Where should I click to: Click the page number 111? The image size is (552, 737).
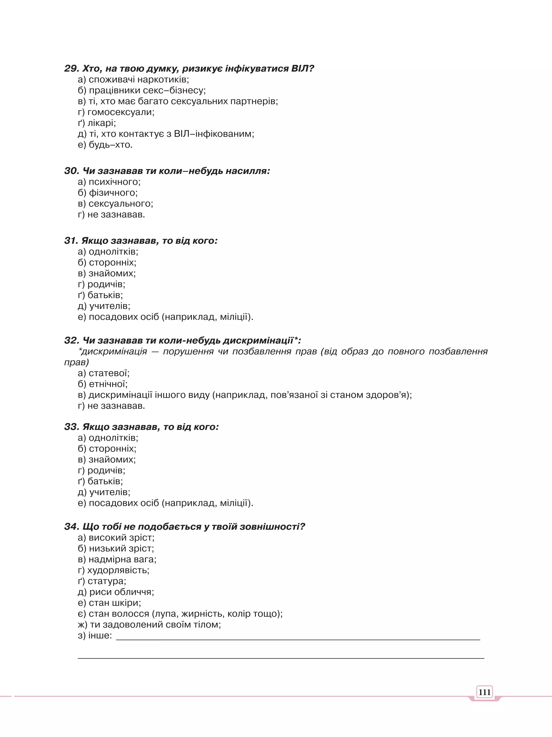click(484, 692)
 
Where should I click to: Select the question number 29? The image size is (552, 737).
click(71, 69)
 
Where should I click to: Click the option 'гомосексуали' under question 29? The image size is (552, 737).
click(120, 112)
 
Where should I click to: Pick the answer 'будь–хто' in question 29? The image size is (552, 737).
click(110, 145)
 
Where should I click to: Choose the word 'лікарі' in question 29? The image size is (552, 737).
click(101, 123)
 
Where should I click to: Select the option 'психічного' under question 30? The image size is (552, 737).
click(114, 182)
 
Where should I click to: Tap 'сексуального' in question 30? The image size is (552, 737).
click(120, 204)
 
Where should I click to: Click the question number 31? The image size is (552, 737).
click(71, 241)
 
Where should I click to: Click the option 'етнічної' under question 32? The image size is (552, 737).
click(108, 384)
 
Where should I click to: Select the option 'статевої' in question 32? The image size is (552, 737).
click(109, 373)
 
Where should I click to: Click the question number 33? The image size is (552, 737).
click(71, 427)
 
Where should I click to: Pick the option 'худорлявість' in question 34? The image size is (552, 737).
click(118, 570)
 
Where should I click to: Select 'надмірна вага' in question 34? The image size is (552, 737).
click(122, 559)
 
